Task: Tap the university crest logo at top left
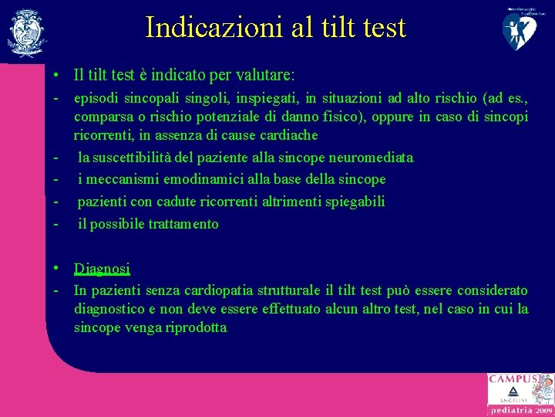point(26,32)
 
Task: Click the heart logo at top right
point(522,29)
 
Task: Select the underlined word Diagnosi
point(102,269)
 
